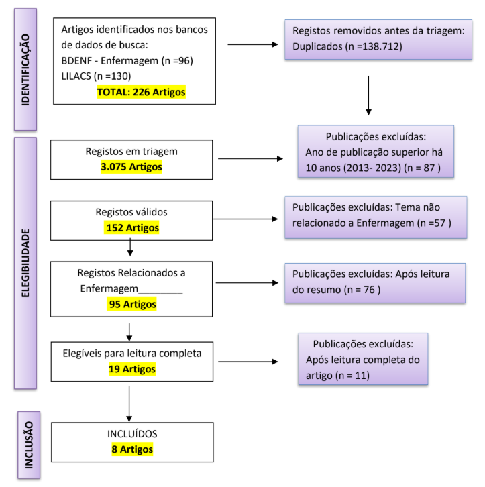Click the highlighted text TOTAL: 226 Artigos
pyautogui.click(x=141, y=91)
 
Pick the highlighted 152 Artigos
pyautogui.click(x=132, y=227)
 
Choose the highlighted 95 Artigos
pyautogui.click(x=132, y=304)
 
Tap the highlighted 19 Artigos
pyautogui.click(x=131, y=368)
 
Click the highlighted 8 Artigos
pyautogui.click(x=132, y=449)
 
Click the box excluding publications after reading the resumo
pyautogui.click(x=375, y=282)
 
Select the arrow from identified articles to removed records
pyautogui.click(x=253, y=45)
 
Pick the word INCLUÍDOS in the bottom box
pyautogui.click(x=131, y=434)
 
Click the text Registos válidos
pyautogui.click(x=131, y=212)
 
